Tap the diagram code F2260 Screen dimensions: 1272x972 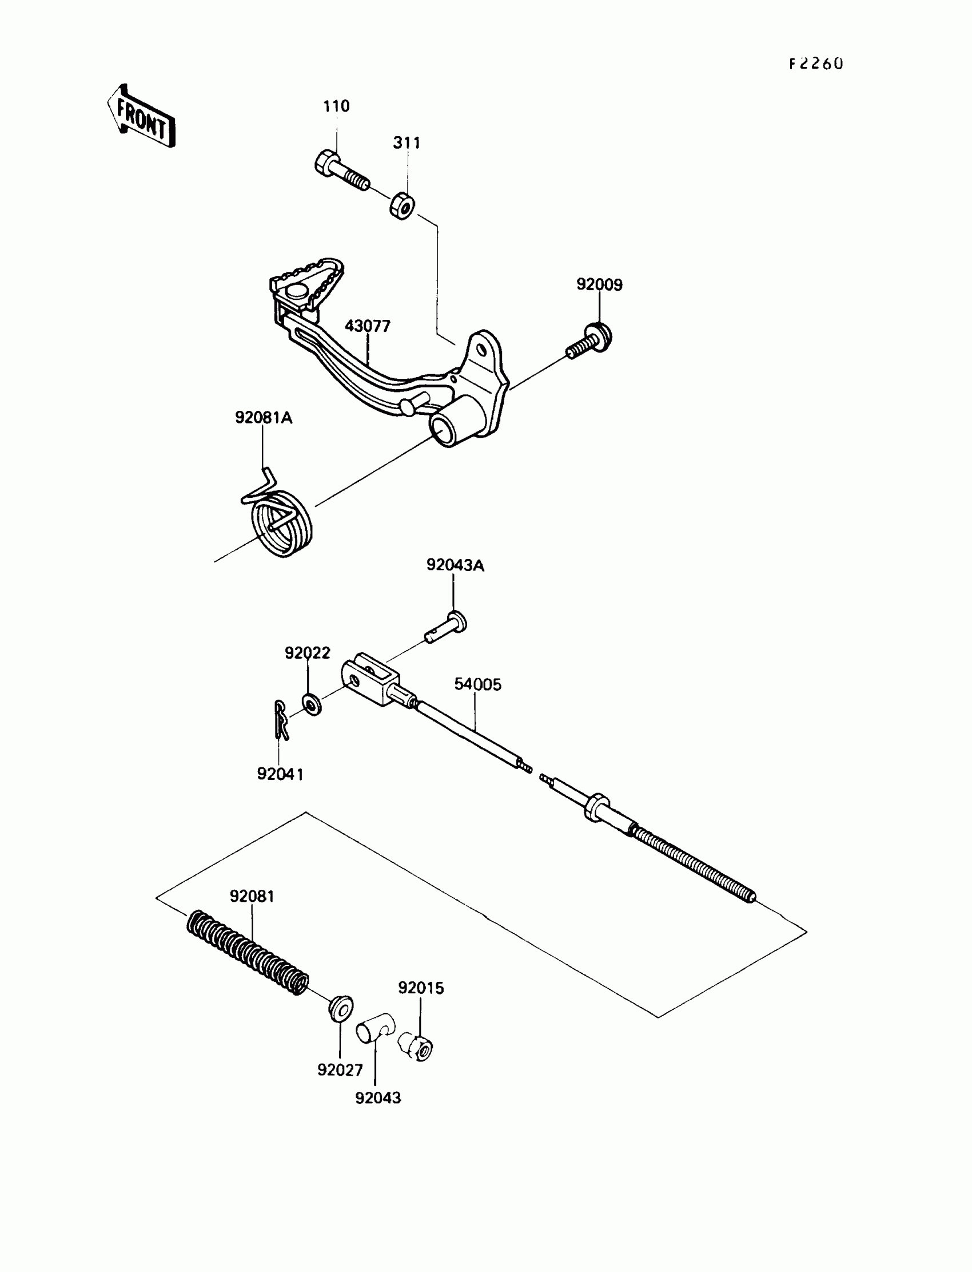tap(816, 64)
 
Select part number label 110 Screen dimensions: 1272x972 tap(336, 106)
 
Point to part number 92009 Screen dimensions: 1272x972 tap(599, 285)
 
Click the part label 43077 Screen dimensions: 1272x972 tap(368, 326)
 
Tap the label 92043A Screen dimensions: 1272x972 tap(455, 565)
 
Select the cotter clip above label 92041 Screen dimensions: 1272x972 tap(281, 720)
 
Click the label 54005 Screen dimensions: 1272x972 tap(477, 684)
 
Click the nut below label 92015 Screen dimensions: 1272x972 tap(417, 1047)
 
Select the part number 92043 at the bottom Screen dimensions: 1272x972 tap(378, 1097)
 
